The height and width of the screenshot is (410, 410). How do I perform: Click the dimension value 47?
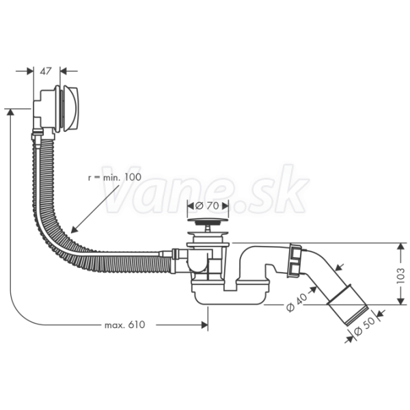[46, 71]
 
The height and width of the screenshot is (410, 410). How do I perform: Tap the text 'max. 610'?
[125, 325]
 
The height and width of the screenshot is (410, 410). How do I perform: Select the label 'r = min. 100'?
[115, 177]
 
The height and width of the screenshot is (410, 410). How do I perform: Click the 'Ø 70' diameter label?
[207, 206]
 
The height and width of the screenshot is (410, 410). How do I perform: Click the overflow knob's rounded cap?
[69, 108]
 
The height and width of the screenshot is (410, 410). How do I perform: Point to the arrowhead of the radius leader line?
[74, 229]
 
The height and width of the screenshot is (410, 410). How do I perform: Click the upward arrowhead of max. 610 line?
[10, 113]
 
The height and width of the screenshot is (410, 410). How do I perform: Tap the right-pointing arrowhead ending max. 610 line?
[204, 325]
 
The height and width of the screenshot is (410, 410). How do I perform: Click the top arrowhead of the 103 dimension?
[400, 247]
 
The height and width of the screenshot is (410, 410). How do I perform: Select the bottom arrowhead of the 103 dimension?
[400, 301]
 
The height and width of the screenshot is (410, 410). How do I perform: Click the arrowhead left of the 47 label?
[30, 71]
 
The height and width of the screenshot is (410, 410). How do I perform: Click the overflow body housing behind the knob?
[44, 110]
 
